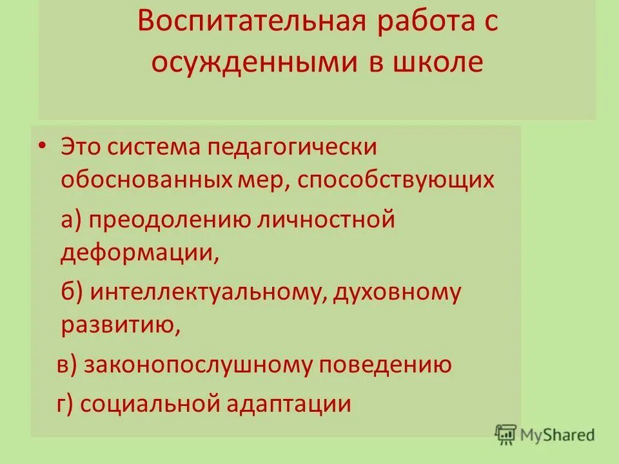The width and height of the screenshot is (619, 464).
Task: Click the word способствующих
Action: [397, 179]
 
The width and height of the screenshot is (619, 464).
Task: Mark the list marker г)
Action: [67, 404]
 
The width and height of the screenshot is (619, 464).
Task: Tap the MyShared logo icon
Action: [506, 435]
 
